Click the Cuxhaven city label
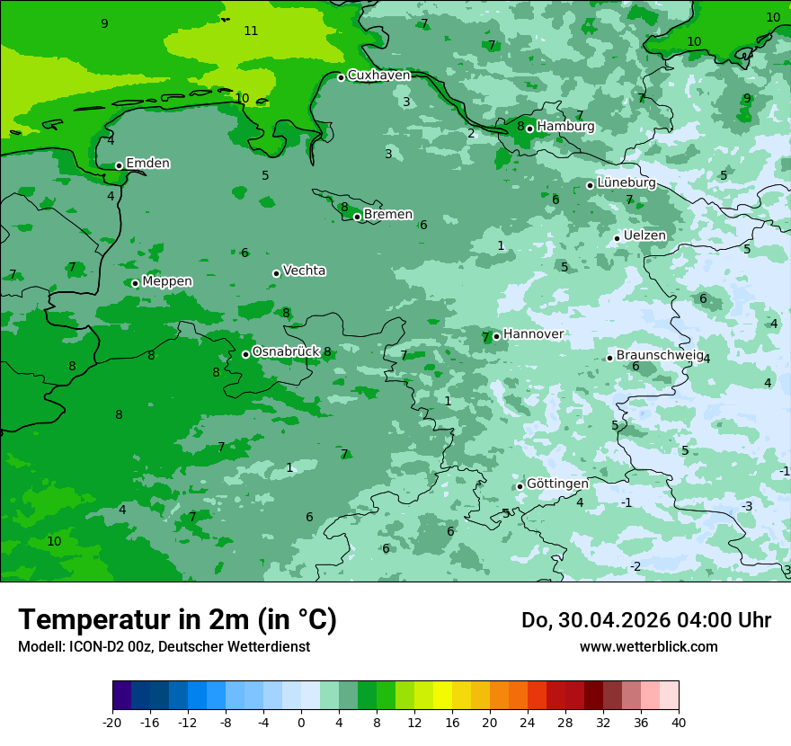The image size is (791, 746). (x=378, y=75)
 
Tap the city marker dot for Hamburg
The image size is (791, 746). (x=530, y=129)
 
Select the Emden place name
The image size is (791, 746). (x=147, y=164)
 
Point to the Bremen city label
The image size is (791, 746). (x=388, y=215)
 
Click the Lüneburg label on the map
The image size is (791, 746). (x=627, y=183)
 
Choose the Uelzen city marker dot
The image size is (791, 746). (x=618, y=238)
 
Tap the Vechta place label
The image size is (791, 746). (x=304, y=271)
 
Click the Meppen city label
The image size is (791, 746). (x=167, y=281)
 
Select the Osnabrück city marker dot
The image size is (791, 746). (x=245, y=354)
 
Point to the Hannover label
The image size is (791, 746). (x=533, y=334)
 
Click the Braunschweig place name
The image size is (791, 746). (x=660, y=356)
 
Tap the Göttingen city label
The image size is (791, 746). (x=557, y=484)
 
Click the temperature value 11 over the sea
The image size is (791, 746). (x=251, y=31)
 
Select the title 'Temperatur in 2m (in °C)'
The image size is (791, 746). (x=177, y=619)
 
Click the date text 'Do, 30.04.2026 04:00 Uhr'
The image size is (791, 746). (x=646, y=620)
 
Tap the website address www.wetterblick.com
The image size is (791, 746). (x=648, y=646)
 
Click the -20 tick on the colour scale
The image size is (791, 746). (x=112, y=722)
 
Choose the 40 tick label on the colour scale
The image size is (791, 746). (x=679, y=722)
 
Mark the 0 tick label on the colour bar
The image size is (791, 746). (x=301, y=722)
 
